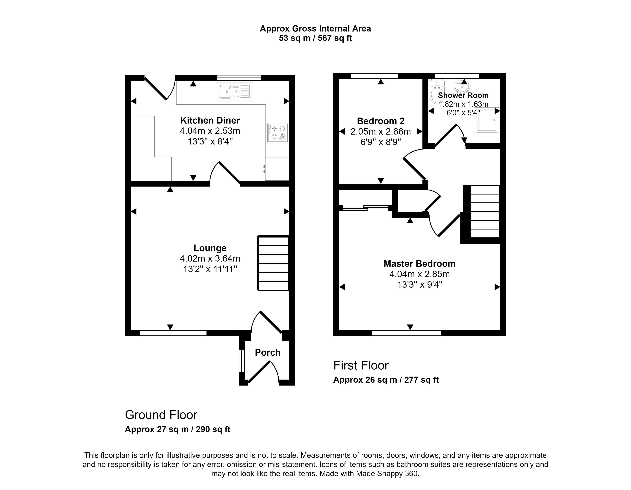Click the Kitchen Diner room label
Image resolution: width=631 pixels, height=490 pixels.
[210, 120]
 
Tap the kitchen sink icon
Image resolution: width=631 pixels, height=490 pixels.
[234, 92]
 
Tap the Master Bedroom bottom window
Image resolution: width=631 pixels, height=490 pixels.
[406, 333]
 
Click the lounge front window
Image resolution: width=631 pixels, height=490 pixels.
[173, 333]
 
